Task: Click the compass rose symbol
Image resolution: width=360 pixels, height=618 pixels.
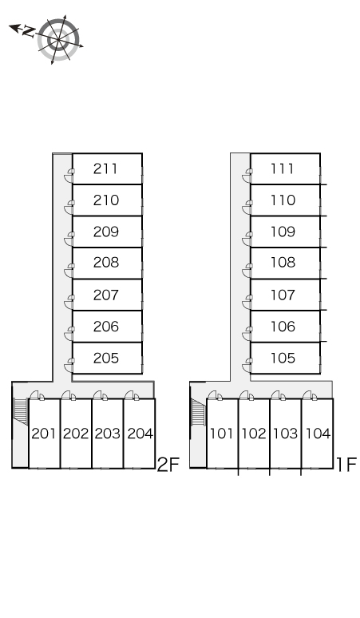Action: [x=58, y=39]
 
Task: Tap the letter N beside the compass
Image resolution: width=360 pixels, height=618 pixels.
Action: [x=29, y=31]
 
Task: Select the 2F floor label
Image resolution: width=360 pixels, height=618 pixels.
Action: [x=168, y=464]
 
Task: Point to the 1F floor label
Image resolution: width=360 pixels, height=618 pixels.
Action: [x=346, y=464]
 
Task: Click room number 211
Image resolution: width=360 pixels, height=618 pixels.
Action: [x=105, y=168]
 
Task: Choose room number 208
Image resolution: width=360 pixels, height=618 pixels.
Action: [x=106, y=262]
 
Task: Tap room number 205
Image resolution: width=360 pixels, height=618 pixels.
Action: [x=106, y=358]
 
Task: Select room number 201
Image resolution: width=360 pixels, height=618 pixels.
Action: [x=43, y=434]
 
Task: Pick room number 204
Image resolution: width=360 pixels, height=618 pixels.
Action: [x=140, y=434]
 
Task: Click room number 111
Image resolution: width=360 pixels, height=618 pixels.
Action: [x=283, y=168]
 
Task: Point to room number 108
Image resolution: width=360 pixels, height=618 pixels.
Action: [x=283, y=262]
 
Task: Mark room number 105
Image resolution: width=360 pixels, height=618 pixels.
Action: [x=283, y=358]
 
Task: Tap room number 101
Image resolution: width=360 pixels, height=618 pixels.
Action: [x=221, y=434]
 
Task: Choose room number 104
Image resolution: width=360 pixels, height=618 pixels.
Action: [x=318, y=434]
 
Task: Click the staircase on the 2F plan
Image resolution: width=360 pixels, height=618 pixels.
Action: [x=21, y=411]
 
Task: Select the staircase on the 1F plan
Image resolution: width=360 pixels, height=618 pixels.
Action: [x=198, y=411]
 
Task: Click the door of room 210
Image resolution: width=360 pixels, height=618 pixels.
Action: [x=69, y=208]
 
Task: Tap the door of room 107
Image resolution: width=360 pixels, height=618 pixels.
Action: [x=247, y=302]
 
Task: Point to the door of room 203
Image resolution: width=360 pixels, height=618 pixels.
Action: [x=100, y=395]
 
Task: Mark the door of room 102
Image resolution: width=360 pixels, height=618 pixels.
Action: [x=246, y=395]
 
